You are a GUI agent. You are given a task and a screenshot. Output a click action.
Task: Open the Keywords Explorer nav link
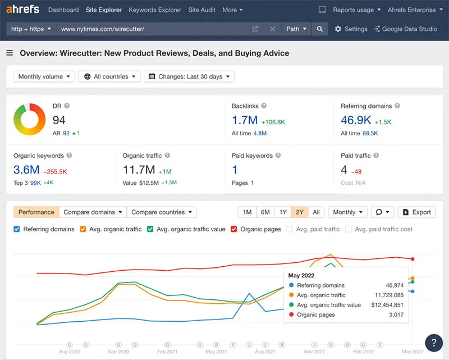pos(155,10)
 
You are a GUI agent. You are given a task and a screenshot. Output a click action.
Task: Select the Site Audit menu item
pos(202,10)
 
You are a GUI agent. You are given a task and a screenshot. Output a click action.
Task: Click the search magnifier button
pos(319,29)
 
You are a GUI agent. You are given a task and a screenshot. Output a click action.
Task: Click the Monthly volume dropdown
pos(44,76)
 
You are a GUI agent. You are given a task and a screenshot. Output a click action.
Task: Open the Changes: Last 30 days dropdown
pos(189,76)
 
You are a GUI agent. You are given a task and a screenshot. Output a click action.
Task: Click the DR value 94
pos(59,120)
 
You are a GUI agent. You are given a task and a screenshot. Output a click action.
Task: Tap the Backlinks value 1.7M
pos(245,120)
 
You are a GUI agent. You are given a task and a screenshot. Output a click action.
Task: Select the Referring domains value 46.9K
pos(356,120)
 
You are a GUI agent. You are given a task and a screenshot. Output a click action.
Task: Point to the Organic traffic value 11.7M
pos(139,170)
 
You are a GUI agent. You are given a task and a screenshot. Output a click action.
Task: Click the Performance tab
pos(36,212)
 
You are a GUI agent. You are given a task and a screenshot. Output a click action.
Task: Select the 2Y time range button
pos(300,212)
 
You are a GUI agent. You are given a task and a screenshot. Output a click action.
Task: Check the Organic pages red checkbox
pos(233,229)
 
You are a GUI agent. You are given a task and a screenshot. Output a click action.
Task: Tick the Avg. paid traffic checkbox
pos(290,229)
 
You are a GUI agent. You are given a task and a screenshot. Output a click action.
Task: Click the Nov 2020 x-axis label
pos(118,351)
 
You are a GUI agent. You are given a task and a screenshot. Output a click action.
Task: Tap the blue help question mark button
pos(434,342)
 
